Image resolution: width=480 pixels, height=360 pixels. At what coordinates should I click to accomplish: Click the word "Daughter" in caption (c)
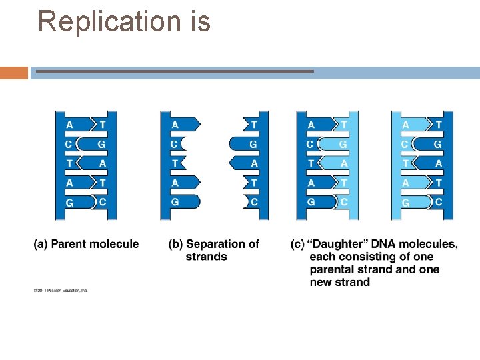click(339, 244)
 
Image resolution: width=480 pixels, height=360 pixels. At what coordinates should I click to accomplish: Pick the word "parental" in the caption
click(335, 269)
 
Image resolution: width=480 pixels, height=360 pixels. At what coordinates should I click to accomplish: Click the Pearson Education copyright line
click(61, 290)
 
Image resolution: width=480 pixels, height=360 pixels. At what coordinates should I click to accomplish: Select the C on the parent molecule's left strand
click(69, 144)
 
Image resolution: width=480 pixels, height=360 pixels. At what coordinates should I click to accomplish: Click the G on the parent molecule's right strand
click(101, 144)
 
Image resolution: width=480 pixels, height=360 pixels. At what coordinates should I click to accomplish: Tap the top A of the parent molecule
click(69, 125)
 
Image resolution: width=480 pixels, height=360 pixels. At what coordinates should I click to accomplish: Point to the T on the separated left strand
click(175, 163)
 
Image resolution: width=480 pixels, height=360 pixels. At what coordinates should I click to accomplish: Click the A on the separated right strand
click(254, 163)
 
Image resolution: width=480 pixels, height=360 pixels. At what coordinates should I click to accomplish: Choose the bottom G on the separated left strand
click(175, 202)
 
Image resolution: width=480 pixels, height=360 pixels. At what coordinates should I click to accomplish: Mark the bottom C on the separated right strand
click(254, 202)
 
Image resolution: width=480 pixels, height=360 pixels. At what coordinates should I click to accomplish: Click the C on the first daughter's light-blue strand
click(343, 202)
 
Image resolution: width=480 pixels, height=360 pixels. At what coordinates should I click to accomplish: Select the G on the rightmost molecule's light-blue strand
click(405, 203)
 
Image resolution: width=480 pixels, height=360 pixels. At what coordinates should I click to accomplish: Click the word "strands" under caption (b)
click(206, 257)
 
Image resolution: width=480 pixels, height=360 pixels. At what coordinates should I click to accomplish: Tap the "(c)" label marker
click(297, 244)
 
